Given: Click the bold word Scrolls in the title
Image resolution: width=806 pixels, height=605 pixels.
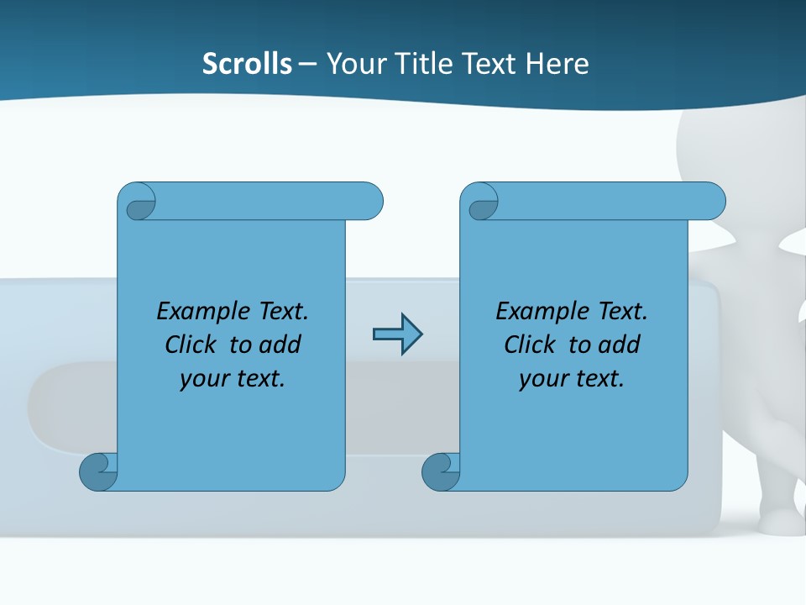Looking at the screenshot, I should [247, 64].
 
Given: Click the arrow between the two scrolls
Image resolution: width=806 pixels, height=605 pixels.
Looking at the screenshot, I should [397, 334].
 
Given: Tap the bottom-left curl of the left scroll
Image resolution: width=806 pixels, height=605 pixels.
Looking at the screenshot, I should [98, 471].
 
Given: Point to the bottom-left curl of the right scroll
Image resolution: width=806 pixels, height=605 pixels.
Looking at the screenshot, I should [441, 471].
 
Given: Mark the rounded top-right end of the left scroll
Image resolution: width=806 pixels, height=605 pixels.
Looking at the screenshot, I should [369, 202].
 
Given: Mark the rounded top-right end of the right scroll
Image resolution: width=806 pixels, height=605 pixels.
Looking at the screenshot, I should [712, 202].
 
